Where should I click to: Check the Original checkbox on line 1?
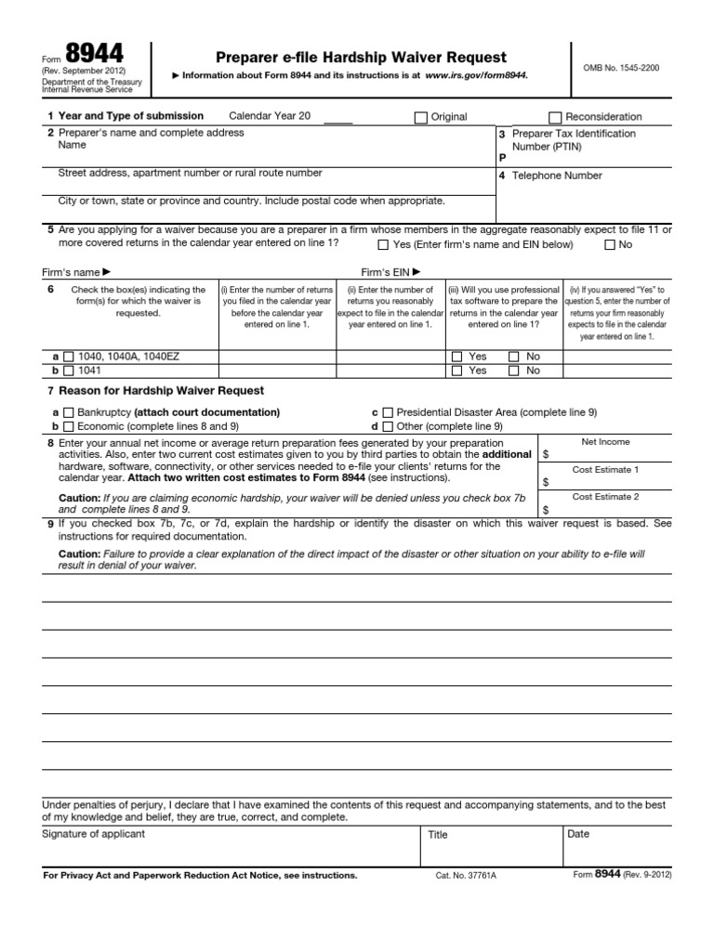pyautogui.click(x=421, y=117)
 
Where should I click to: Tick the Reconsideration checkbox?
pyautogui.click(x=555, y=117)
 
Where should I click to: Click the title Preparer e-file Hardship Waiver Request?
pyautogui.click(x=361, y=58)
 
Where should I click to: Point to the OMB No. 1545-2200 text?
pyautogui.click(x=622, y=69)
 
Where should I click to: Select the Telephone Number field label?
pyautogui.click(x=557, y=176)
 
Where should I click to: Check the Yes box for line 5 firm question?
pyautogui.click(x=383, y=245)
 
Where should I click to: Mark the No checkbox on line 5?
pyautogui.click(x=610, y=245)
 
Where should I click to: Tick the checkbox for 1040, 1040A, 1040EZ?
pyautogui.click(x=68, y=357)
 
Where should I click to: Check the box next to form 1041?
pyautogui.click(x=68, y=371)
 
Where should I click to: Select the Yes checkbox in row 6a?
pyautogui.click(x=456, y=357)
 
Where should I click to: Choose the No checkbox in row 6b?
pyautogui.click(x=514, y=371)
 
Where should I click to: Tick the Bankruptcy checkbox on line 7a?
pyautogui.click(x=68, y=412)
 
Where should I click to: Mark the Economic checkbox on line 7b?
pyautogui.click(x=68, y=426)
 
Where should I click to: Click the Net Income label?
pyautogui.click(x=605, y=442)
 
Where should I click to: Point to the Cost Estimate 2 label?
pyautogui.click(x=605, y=497)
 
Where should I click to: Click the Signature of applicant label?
pyautogui.click(x=94, y=834)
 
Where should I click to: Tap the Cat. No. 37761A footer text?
pyautogui.click(x=466, y=876)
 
